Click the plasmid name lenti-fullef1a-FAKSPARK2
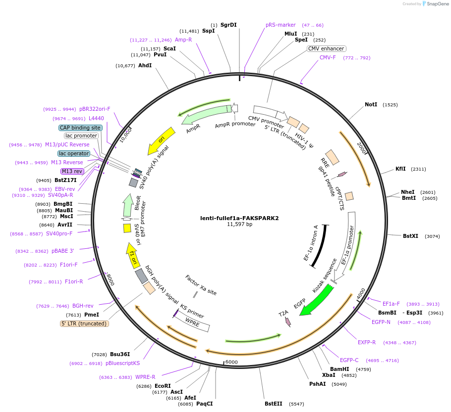[239, 218]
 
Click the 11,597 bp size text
[239, 224]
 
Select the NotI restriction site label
[371, 105]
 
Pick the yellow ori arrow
[161, 139]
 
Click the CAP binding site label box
[80, 128]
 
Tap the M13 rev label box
[72, 171]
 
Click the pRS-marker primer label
[281, 25]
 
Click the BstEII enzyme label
[274, 404]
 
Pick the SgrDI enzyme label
[228, 25]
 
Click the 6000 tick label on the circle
[232, 362]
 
